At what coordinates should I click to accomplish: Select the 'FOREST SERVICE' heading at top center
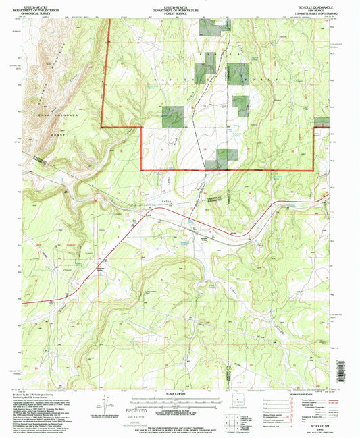coord(179,11)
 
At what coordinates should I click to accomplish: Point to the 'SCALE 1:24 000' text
coord(180,393)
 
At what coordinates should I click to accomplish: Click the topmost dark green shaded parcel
coord(210,27)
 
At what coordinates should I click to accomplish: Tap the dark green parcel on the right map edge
coord(322,122)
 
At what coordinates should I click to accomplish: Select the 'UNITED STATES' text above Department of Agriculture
coord(179,4)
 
